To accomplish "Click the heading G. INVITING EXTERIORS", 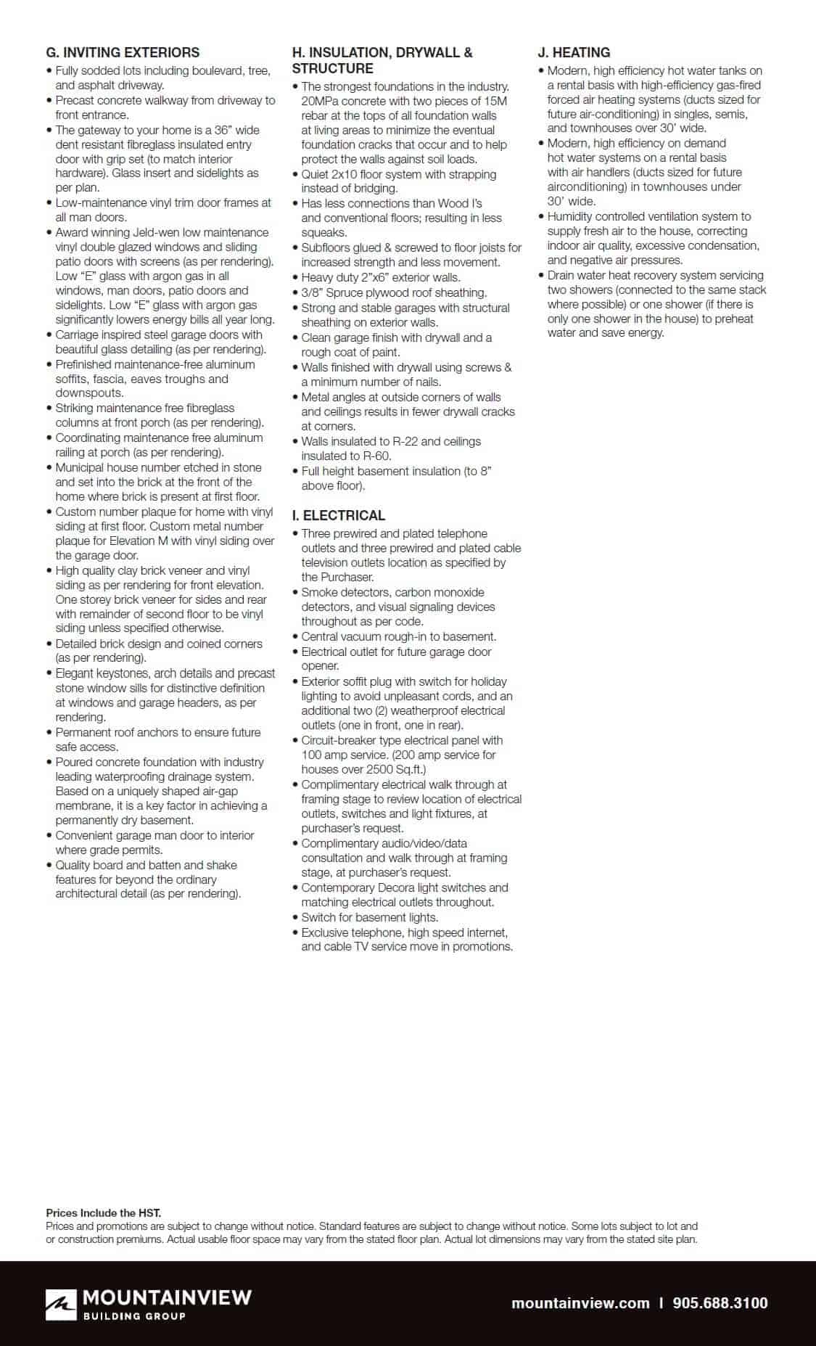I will coord(123,52).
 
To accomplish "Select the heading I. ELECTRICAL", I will coord(339,515).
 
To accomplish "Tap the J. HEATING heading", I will coord(574,52).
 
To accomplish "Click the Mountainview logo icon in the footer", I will coord(61,1303).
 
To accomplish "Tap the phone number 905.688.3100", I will coord(720,1302).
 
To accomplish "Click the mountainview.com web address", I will coord(580,1302).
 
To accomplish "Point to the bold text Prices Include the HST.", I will coord(104,1212).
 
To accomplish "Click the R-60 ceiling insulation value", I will coord(377,456).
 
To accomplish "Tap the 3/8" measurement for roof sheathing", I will coord(312,292).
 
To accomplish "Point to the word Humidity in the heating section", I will coord(572,216).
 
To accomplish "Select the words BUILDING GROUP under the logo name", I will coord(135,1316).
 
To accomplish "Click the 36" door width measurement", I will coord(226,130).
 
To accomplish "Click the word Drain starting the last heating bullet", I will coord(561,275).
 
